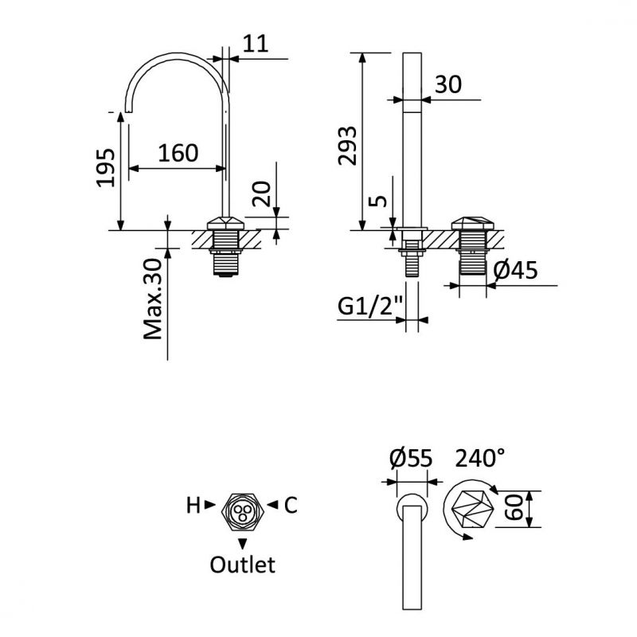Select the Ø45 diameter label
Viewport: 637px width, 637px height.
tap(515, 271)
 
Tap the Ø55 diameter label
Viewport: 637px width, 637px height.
tap(410, 459)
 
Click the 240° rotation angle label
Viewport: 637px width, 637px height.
tap(481, 459)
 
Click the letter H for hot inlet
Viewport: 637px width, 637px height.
tap(193, 505)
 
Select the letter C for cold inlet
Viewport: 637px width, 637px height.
tap(291, 505)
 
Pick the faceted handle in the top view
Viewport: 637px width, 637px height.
tap(476, 509)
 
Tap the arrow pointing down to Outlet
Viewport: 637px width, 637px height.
tap(241, 541)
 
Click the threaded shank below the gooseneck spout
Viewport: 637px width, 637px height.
tap(225, 253)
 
